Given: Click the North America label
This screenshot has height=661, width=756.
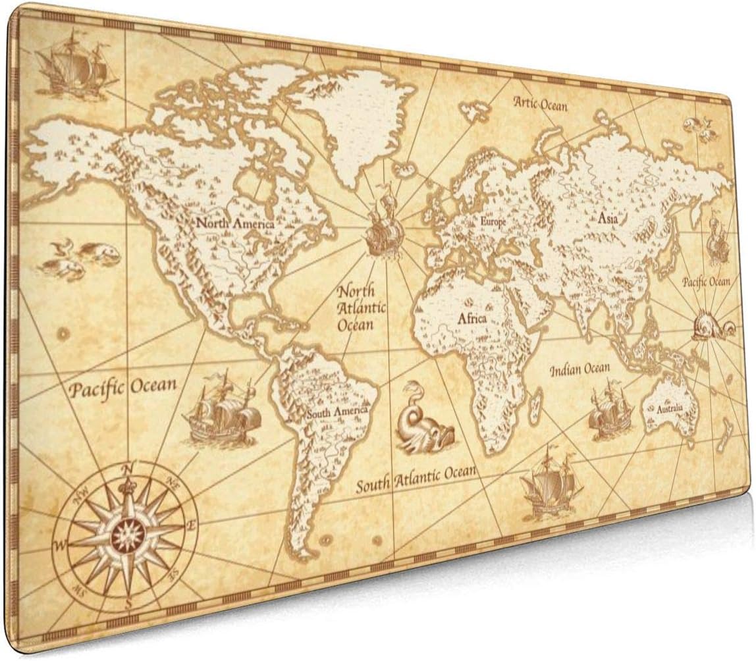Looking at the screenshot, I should pos(235,224).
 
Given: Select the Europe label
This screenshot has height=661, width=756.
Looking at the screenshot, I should pos(493,223).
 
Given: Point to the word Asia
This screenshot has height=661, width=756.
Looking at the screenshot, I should pos(607,219).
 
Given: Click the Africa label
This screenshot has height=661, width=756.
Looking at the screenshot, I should pos(472,319).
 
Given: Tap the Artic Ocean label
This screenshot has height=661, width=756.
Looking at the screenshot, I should pos(540,103).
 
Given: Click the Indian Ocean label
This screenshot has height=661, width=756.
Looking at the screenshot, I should pos(580,369).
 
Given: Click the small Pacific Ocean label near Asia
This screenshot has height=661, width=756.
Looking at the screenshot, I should pos(706,282).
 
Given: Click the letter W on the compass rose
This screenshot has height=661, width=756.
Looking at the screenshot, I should pos(61,544).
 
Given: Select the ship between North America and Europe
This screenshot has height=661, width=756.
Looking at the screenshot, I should pos(384,228).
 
